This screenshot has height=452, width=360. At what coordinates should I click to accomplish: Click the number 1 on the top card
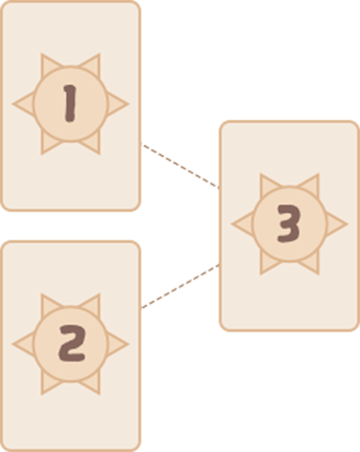[70, 104]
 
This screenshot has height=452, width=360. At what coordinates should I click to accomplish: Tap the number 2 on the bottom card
[72, 343]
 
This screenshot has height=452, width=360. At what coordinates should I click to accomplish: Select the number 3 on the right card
[289, 224]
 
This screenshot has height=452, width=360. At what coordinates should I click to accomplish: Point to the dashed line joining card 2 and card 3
[180, 286]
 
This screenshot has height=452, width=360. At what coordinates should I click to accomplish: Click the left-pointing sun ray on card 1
[23, 104]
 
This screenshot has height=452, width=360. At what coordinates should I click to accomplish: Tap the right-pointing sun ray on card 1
[117, 104]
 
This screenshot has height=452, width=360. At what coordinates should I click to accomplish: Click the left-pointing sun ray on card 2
[23, 344]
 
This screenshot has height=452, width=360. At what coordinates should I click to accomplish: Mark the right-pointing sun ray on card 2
[117, 344]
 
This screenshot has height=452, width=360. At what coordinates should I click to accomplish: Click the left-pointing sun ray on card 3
[243, 224]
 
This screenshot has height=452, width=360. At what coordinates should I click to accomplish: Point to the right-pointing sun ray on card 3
[337, 224]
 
